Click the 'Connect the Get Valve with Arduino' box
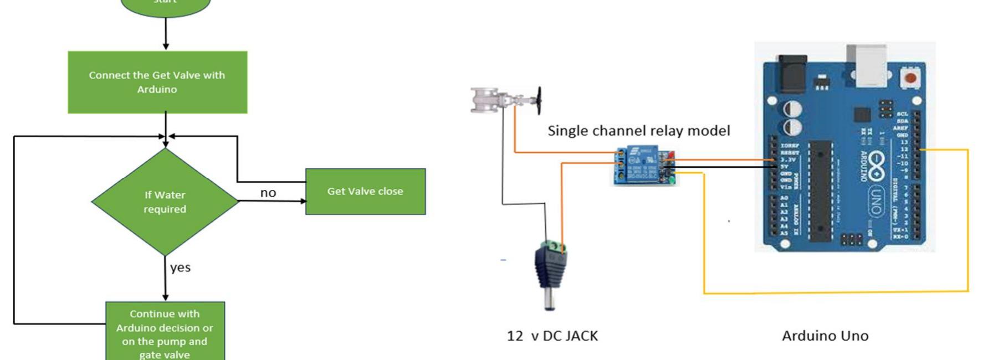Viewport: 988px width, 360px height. click(x=157, y=82)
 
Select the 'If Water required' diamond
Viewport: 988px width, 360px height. click(x=165, y=202)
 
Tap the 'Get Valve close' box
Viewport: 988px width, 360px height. click(x=365, y=191)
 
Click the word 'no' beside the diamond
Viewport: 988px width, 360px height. click(x=268, y=193)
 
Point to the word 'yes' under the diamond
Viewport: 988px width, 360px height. click(x=181, y=268)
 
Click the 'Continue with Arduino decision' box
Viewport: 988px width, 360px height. click(x=165, y=332)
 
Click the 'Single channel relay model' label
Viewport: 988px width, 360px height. click(x=638, y=131)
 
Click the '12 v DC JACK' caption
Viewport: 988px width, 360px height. click(x=552, y=336)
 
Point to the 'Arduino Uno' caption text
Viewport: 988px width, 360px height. click(x=825, y=336)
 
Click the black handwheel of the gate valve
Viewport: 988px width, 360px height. click(x=538, y=100)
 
